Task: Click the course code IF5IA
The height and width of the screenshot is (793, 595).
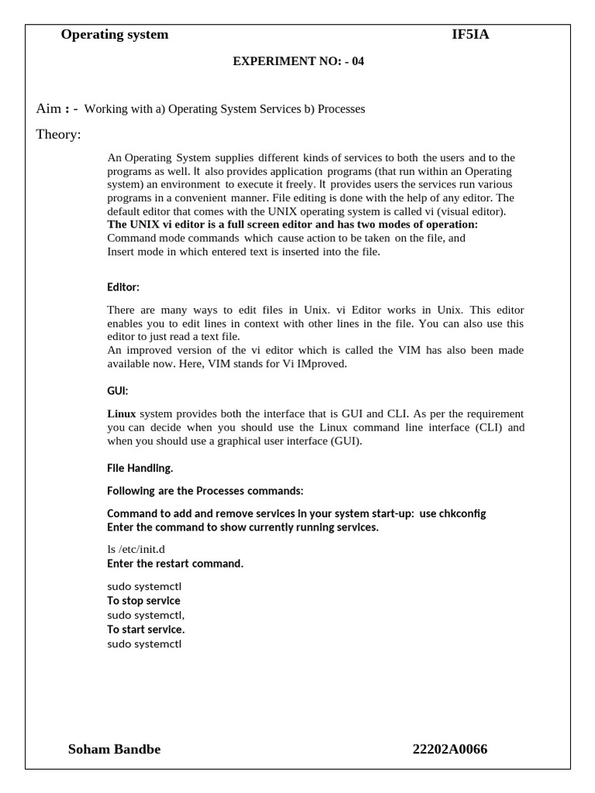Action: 470,34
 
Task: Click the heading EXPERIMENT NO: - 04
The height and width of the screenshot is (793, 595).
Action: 298,61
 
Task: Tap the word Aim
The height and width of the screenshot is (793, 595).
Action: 48,108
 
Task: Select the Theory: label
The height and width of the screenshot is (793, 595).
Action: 58,135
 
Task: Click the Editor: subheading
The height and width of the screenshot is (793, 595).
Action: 123,287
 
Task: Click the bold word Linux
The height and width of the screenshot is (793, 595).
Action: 121,414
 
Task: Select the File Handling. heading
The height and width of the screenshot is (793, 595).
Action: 140,468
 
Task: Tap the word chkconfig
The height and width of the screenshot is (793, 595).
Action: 463,513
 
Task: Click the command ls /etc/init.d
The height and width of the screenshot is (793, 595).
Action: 136,549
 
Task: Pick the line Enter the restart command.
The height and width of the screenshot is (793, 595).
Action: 175,563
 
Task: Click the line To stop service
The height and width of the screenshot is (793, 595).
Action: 143,600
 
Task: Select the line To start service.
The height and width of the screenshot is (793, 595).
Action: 146,630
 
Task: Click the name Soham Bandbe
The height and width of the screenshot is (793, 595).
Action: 115,749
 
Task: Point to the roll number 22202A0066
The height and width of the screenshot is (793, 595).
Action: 450,749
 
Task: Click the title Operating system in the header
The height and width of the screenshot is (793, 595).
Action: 115,34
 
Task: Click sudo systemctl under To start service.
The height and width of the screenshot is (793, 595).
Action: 144,644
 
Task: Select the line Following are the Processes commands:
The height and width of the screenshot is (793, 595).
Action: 205,491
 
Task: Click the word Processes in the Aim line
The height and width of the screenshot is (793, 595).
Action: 339,109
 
